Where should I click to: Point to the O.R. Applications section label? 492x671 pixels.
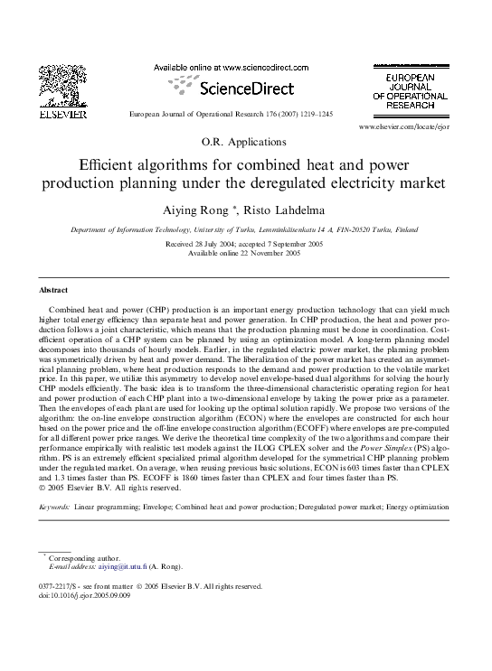click(x=245, y=142)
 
